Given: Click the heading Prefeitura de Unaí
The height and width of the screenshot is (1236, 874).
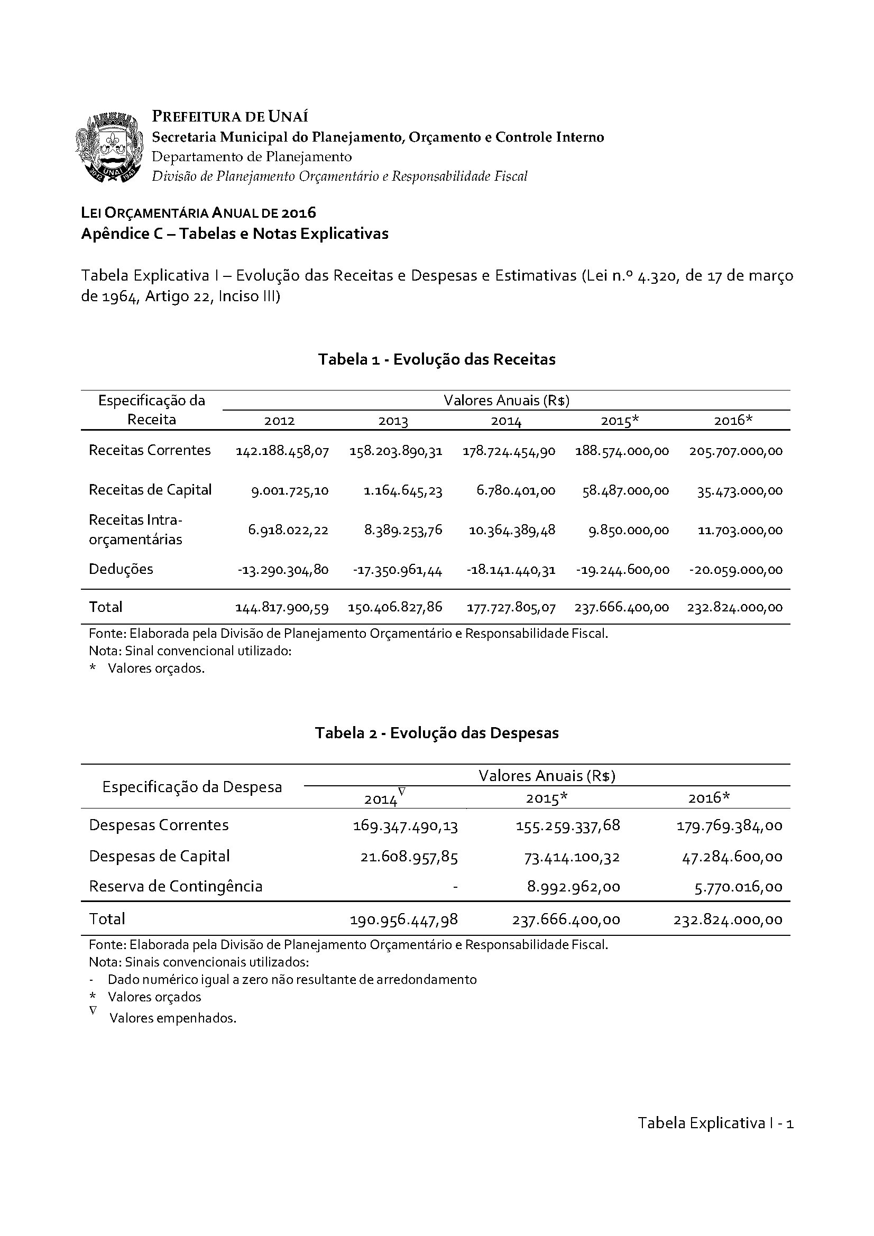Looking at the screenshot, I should [230, 116].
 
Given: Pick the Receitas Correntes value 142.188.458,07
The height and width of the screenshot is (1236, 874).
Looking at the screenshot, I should [282, 451].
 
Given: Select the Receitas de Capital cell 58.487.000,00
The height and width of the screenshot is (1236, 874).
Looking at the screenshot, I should [625, 490].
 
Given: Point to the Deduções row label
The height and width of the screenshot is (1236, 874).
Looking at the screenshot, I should [121, 569].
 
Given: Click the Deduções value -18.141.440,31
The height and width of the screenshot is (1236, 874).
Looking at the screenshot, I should [511, 570].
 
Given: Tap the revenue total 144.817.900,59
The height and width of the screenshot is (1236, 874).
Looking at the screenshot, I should [282, 607].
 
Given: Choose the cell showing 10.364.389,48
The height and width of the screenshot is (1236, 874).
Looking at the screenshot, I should [512, 530].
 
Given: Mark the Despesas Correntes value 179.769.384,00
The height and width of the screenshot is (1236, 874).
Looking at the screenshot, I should [729, 826].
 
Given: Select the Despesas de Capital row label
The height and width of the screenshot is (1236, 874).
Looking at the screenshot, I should [159, 856].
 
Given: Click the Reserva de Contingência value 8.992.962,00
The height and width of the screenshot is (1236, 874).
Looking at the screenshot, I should [574, 887].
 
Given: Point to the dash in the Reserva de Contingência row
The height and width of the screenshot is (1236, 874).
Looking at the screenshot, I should [456, 887].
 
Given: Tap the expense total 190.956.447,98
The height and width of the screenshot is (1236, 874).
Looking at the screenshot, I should [404, 919].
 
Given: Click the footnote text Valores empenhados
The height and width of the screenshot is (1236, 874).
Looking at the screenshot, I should [173, 1018].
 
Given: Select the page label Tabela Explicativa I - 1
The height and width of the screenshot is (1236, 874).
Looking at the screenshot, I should [716, 1123].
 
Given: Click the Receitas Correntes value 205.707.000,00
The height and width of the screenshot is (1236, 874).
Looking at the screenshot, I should [735, 451].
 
